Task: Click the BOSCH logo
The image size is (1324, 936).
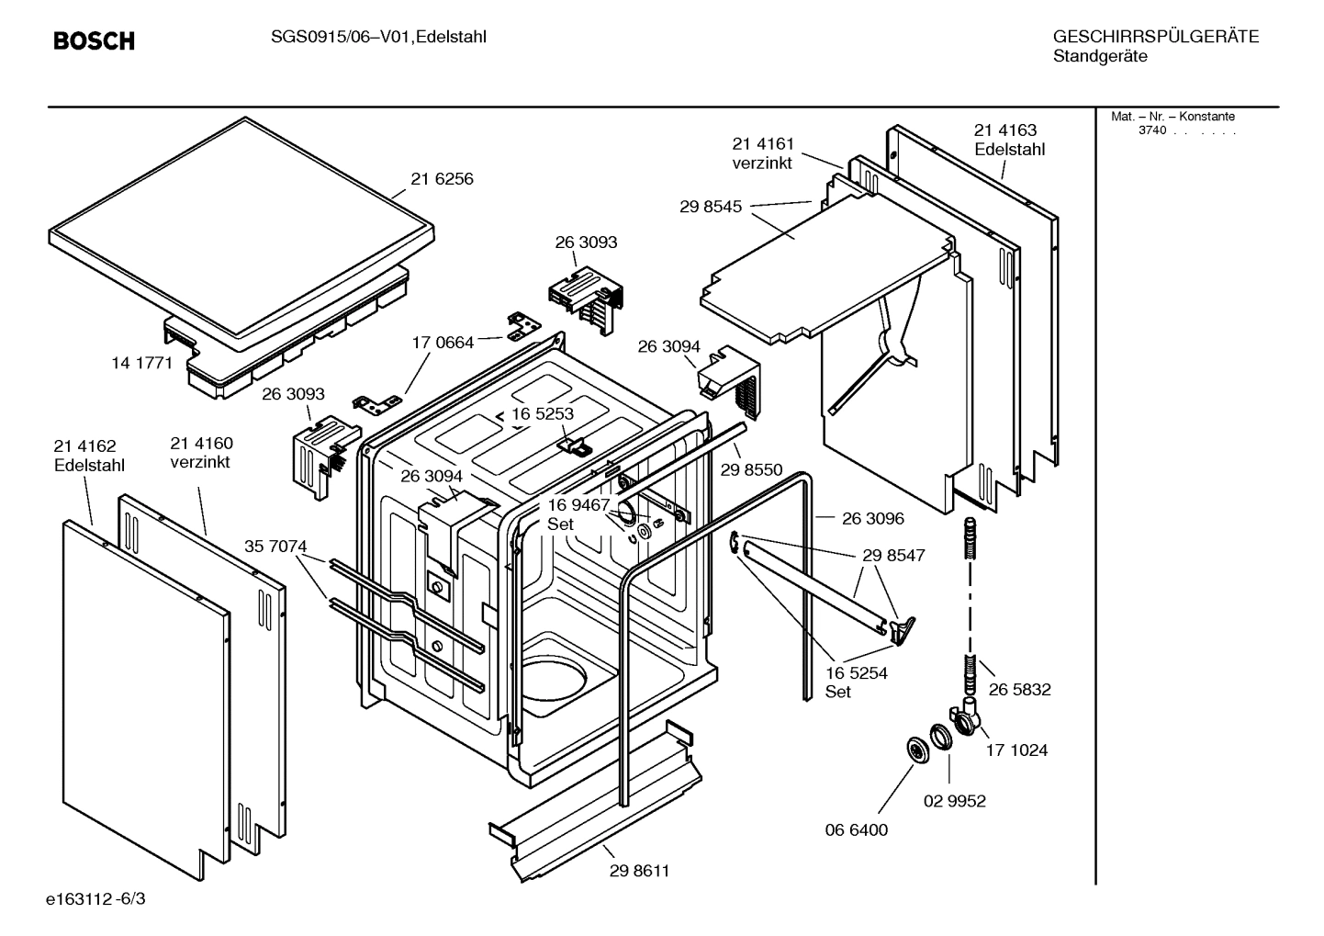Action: [94, 41]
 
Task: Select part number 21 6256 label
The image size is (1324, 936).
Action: [442, 179]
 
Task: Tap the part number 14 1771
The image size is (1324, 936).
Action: [141, 363]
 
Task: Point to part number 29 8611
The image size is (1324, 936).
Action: [639, 871]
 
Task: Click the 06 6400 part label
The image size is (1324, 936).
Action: [856, 830]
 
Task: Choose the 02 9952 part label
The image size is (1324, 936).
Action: [954, 801]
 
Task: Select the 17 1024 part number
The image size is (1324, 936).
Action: [1016, 750]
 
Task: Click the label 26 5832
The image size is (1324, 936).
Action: [1019, 690]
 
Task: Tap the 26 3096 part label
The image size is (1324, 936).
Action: [872, 519]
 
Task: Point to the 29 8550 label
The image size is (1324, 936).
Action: [751, 470]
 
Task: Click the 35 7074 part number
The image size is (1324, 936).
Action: [275, 547]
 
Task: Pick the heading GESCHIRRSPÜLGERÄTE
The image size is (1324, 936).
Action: [1155, 38]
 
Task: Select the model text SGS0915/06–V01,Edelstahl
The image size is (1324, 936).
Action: [378, 37]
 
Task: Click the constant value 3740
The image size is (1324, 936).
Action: [1151, 130]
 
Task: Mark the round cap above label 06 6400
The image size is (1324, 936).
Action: [916, 750]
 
